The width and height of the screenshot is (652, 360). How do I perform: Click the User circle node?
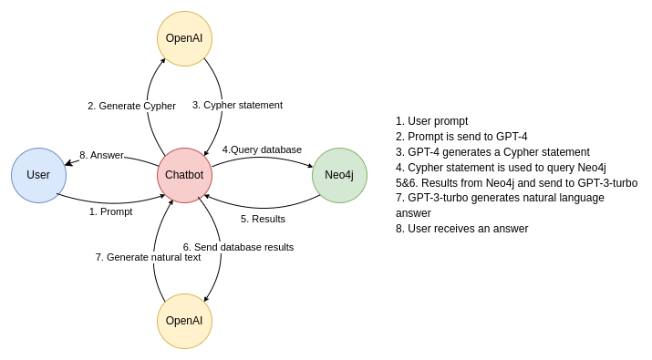click(38, 175)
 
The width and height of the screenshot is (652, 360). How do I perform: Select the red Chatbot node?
click(184, 175)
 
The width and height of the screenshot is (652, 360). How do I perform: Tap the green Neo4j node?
click(339, 175)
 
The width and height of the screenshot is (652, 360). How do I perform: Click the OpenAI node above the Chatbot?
click(184, 38)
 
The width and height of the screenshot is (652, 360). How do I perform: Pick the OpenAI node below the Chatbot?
click(184, 321)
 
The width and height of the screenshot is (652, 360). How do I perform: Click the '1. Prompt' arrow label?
click(110, 211)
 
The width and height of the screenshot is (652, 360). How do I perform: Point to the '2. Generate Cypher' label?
click(131, 106)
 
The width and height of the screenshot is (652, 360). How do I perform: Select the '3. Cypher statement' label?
click(237, 105)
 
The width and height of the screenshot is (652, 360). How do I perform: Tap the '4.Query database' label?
click(262, 149)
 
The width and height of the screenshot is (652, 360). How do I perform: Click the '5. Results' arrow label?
click(263, 219)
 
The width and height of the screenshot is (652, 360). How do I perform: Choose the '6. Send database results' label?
click(238, 247)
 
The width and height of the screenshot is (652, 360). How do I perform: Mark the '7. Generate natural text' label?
click(148, 257)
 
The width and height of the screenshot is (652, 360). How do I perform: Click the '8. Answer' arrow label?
click(101, 155)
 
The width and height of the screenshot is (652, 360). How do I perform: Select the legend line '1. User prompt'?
click(431, 121)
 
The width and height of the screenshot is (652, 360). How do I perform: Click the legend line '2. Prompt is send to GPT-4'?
click(461, 137)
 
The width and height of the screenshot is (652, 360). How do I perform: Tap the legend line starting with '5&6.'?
click(516, 183)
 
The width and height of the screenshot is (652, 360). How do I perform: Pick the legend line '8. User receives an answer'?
click(461, 229)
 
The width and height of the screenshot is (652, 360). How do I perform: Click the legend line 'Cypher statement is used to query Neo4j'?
click(501, 168)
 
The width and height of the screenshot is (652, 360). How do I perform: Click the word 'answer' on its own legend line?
click(413, 213)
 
